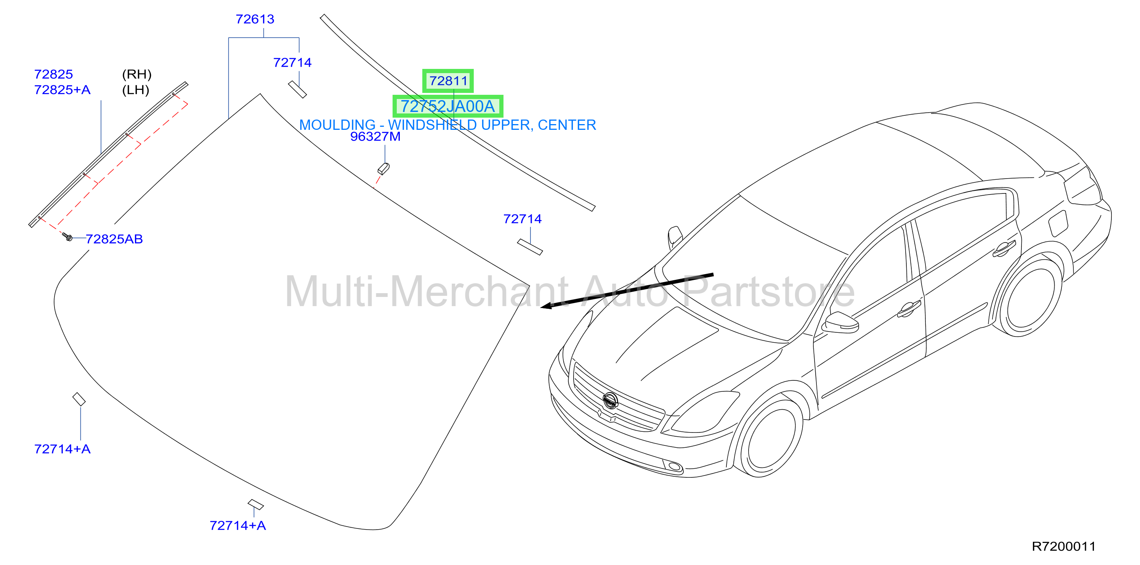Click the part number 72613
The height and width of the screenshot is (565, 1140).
(x=255, y=19)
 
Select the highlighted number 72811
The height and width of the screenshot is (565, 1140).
(x=448, y=81)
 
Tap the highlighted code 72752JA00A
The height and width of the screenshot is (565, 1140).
(x=447, y=107)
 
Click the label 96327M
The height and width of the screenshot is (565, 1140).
(x=375, y=137)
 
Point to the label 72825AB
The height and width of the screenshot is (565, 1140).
(x=114, y=239)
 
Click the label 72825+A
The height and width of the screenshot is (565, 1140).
(x=63, y=90)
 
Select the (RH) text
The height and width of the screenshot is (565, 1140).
(x=137, y=74)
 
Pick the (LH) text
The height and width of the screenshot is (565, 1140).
(x=136, y=90)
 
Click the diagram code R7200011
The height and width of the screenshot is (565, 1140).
(x=1063, y=546)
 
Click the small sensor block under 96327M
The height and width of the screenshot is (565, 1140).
(x=383, y=169)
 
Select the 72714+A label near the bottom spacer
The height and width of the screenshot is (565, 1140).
(x=238, y=526)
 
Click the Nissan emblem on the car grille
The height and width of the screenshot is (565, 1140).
(x=610, y=401)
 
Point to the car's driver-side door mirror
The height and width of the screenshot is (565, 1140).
(x=840, y=323)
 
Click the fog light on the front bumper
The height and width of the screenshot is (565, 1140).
(x=675, y=466)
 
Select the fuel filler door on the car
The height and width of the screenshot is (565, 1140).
(x=1058, y=223)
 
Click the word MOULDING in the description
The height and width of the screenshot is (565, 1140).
(x=337, y=125)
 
